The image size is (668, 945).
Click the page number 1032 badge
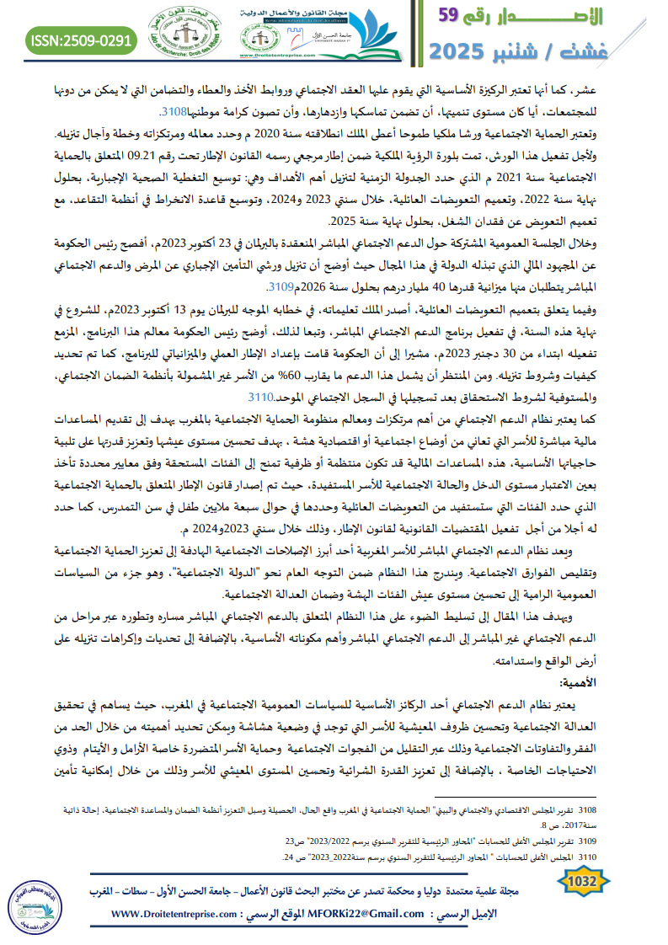click(x=583, y=882)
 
